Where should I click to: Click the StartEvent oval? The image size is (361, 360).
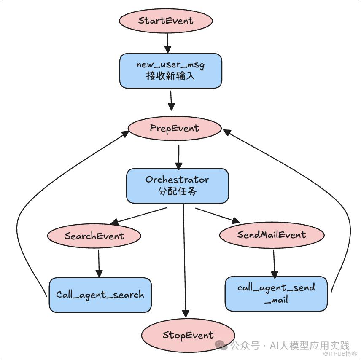[165, 21]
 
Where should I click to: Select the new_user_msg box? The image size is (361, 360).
[170, 70]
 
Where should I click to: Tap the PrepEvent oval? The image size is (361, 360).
[174, 128]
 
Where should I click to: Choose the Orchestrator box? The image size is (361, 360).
[177, 185]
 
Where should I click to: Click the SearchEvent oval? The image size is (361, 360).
[94, 236]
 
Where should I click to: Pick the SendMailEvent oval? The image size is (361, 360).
[272, 235]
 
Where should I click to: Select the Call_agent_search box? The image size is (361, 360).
[100, 295]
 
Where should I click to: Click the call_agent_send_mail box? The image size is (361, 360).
[276, 293]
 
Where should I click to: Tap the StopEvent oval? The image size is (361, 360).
[188, 336]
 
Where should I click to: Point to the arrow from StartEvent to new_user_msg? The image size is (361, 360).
[167, 42]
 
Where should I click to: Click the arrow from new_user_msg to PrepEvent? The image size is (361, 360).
[171, 100]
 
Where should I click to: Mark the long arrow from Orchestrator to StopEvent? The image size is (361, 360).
[184, 261]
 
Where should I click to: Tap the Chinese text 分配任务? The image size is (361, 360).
[177, 191]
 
